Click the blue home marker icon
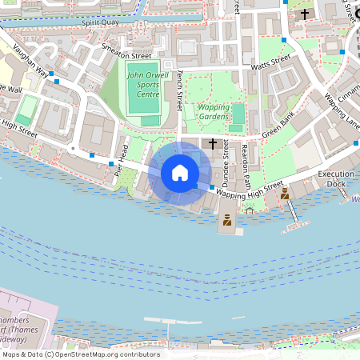tap(180, 173)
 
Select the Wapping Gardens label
tap(214, 111)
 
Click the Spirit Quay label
tap(100, 23)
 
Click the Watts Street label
tap(270, 63)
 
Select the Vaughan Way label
tap(30, 71)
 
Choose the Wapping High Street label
tap(249, 190)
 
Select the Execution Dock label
tap(336, 178)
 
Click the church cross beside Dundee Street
tap(213, 144)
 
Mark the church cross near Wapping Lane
tap(304, 14)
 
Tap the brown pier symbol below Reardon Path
tap(227, 221)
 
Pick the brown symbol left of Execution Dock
tap(284, 194)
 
